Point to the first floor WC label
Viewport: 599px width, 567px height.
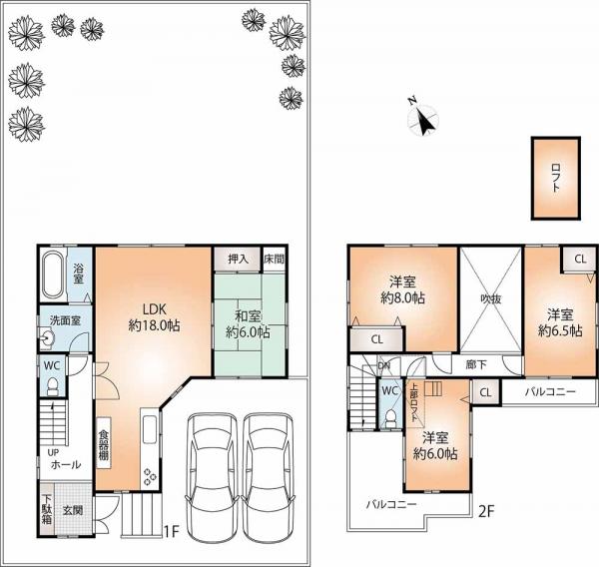(x=52, y=365)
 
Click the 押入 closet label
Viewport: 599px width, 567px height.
(x=237, y=257)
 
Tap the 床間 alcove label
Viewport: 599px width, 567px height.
(x=274, y=257)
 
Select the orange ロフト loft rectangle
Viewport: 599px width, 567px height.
(x=552, y=178)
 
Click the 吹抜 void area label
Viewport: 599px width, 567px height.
(x=489, y=296)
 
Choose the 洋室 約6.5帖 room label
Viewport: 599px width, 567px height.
(x=560, y=320)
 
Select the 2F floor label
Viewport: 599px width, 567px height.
(x=486, y=511)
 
